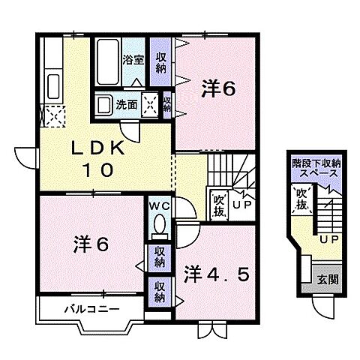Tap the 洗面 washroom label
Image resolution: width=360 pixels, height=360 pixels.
click(127, 104)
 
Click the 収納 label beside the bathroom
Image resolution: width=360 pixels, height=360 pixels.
click(160, 61)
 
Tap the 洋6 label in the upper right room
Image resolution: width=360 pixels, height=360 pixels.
click(219, 89)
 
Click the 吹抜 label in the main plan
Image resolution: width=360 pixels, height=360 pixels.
click(218, 202)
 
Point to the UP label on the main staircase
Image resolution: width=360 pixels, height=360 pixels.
click(241, 204)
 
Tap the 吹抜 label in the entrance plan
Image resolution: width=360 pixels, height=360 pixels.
click(300, 199)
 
